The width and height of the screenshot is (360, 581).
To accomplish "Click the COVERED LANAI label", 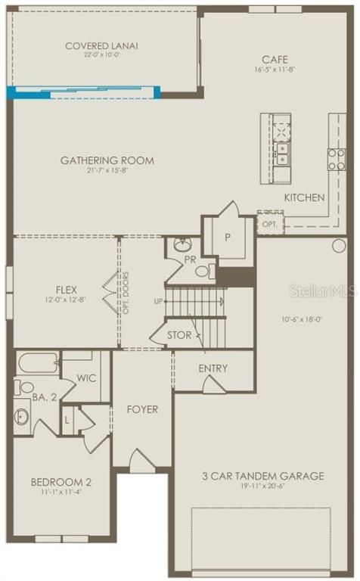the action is click(x=101, y=46).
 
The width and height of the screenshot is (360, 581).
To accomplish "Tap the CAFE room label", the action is click(x=275, y=60).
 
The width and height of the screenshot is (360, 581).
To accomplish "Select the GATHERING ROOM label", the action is click(x=107, y=160).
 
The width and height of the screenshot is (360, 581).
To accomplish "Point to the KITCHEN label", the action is click(x=305, y=197).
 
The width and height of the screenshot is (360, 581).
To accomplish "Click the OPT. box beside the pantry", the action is click(x=271, y=224).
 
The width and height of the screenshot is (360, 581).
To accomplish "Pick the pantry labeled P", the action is click(x=228, y=237).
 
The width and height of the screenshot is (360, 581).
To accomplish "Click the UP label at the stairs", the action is click(x=158, y=301).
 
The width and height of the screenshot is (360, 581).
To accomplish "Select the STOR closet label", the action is click(x=179, y=335).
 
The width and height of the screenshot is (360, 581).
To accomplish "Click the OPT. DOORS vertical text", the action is click(x=126, y=293).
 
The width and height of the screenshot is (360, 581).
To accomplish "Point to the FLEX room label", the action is click(x=67, y=290).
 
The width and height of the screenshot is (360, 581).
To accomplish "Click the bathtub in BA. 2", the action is click(x=38, y=363).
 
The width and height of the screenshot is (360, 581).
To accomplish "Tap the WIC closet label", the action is click(x=86, y=378).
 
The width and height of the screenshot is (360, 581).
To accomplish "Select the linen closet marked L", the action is click(x=67, y=421).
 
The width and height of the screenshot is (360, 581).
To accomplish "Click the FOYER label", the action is click(x=142, y=409).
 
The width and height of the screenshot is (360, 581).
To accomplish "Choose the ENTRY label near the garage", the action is click(x=213, y=368).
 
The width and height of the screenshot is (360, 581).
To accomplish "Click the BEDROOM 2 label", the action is click(x=61, y=482).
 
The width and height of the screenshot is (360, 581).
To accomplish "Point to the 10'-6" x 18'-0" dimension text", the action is click(x=301, y=319).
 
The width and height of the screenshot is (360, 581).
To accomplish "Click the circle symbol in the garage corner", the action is click(x=339, y=246).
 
